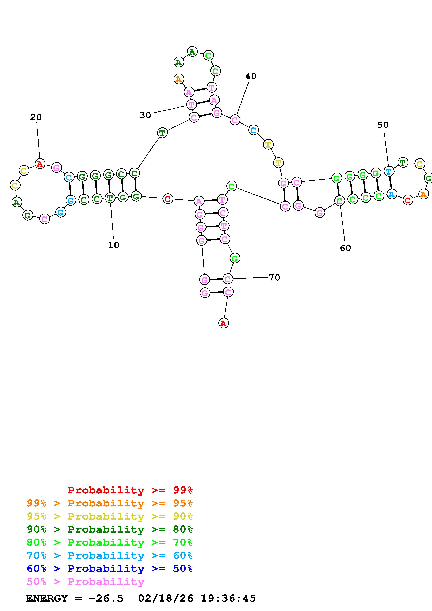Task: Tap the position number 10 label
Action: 114,245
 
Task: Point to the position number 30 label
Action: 145,115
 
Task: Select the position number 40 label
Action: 251,76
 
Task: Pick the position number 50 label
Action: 383,125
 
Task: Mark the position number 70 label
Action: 274,278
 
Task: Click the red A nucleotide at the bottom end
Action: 223,323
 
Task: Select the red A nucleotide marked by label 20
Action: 40,164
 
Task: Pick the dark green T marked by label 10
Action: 110,198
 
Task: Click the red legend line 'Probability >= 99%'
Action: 130,490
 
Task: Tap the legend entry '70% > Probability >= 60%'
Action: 109,555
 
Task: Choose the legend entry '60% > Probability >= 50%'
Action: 109,569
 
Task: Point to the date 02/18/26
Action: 166,598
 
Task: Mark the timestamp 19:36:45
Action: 228,598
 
